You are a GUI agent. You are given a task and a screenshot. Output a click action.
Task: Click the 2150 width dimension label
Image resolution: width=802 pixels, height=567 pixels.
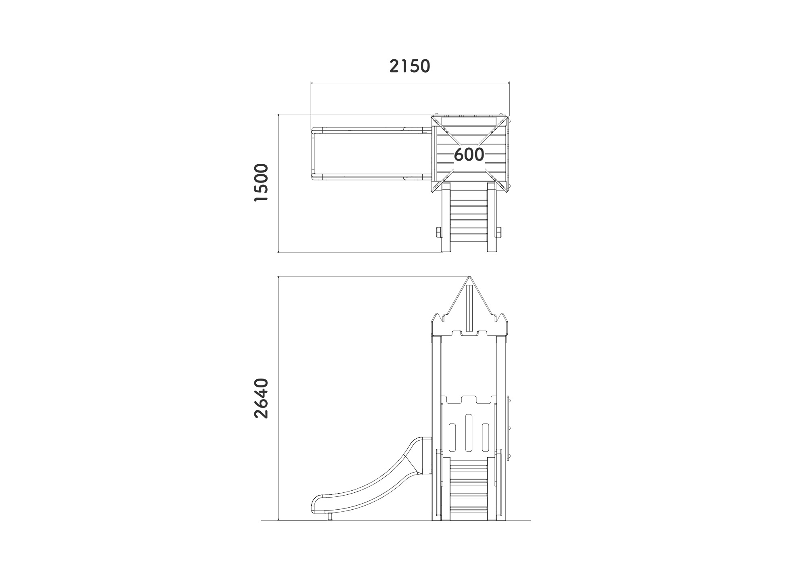tap(410, 66)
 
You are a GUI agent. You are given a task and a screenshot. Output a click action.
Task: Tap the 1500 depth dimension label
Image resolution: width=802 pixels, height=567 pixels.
tap(261, 183)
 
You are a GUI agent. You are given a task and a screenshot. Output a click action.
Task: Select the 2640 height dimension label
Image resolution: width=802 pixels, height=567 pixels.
tap(261, 398)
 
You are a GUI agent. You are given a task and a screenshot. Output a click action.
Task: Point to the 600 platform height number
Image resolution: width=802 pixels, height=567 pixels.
tap(469, 154)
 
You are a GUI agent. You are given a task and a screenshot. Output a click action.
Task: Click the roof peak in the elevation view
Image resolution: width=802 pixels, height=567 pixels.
tap(469, 277)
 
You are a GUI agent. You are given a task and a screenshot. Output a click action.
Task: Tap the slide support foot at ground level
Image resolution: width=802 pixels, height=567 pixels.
tap(330, 516)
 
